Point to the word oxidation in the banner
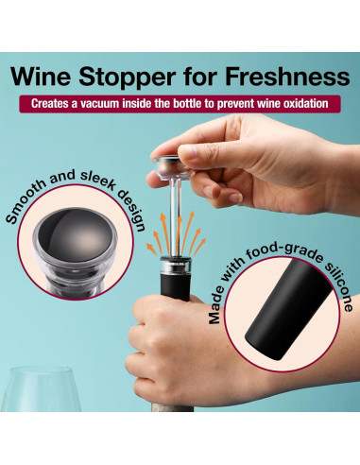point(302,102)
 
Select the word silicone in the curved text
point(342,284)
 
